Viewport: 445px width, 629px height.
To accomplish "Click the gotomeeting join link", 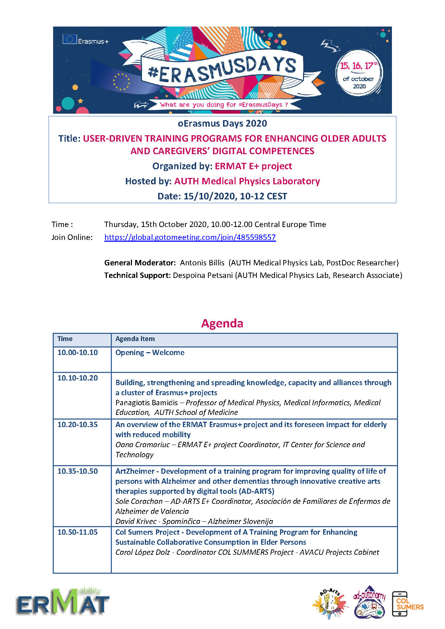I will (x=190, y=237).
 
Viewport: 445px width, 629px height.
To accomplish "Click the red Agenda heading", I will (x=222, y=323).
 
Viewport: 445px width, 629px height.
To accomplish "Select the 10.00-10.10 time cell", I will (x=78, y=353).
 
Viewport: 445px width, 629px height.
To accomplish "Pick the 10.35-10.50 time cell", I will (x=78, y=471).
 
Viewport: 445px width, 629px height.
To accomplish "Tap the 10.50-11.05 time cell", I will (x=78, y=532).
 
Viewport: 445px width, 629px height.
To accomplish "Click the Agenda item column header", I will (x=135, y=339).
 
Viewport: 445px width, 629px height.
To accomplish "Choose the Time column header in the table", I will (x=65, y=339).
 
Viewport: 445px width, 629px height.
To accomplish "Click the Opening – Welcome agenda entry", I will (x=150, y=353).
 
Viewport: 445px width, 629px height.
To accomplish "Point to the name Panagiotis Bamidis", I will (x=147, y=403).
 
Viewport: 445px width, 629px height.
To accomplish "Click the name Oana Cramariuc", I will (x=143, y=445).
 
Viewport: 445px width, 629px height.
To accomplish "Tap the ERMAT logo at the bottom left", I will (x=63, y=602).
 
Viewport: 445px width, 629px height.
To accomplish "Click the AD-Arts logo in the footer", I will (x=330, y=603).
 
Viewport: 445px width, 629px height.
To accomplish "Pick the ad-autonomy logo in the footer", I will (x=370, y=602).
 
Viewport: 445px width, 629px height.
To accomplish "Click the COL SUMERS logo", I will (x=408, y=604).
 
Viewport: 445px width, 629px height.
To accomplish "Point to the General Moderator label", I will (x=140, y=263).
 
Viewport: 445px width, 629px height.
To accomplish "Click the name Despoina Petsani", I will (x=203, y=275).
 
